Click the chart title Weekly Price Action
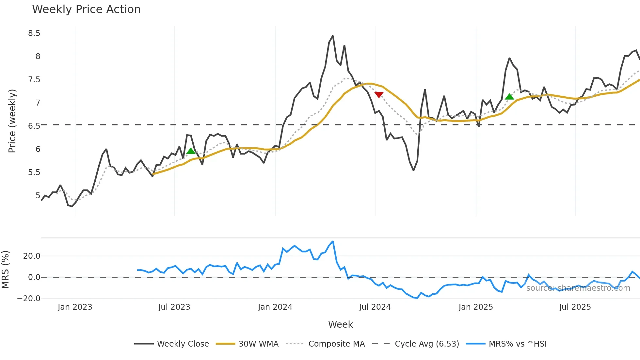coord(86,9)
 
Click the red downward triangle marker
coord(379,95)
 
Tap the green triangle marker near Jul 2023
coord(191,151)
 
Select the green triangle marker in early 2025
coord(509,97)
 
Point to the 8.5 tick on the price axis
coord(34,33)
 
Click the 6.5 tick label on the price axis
coord(34,126)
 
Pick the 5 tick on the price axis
coord(38,196)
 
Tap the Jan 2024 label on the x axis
coord(275,307)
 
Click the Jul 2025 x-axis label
coord(575,307)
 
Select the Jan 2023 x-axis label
coord(75,307)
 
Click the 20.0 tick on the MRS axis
coord(32,256)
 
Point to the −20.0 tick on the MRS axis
coord(29,299)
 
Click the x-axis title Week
coord(340,324)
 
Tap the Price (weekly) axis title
coord(12,121)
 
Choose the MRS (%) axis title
coord(5,270)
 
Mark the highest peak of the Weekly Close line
coord(333,36)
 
